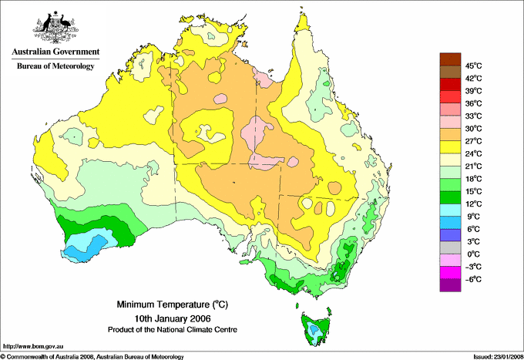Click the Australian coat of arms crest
[x=55, y=27]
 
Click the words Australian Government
[x=55, y=52]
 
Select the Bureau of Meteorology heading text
[x=55, y=66]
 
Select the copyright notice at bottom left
[x=92, y=356]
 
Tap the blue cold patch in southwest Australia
[x=87, y=246]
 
